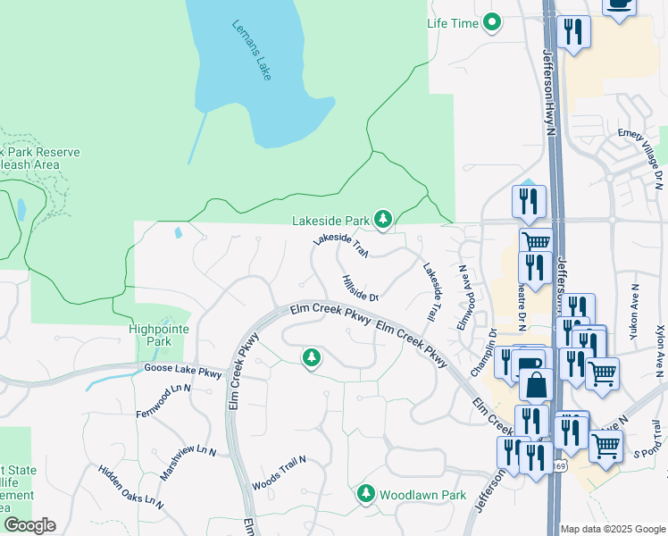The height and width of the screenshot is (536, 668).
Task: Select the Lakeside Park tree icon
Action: [383, 220]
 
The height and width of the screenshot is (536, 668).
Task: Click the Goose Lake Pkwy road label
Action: [181, 370]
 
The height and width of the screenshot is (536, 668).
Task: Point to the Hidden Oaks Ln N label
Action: [131, 487]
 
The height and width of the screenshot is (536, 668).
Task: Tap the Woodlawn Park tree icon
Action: [365, 494]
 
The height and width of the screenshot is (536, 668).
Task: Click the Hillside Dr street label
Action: [361, 288]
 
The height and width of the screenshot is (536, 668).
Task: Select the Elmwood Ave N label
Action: [463, 297]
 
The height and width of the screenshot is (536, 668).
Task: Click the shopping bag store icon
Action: [537, 386]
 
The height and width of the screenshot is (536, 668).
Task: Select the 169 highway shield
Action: [559, 466]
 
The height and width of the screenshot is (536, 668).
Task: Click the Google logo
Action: [29, 525]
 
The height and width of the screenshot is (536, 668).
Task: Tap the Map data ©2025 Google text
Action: [613, 529]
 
